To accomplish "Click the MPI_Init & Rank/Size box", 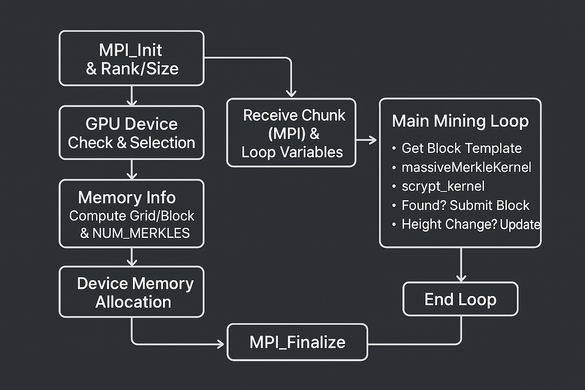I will (132, 59).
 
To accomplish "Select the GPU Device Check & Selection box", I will (132, 133).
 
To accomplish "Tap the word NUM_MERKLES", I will (141, 233).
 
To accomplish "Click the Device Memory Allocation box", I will (132, 292).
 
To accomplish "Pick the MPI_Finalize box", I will (297, 342).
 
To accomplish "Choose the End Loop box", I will (460, 299).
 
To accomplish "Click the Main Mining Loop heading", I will (460, 121).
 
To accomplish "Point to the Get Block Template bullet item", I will (461, 148).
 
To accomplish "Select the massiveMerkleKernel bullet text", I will (466, 168).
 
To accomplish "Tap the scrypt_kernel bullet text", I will (443, 186).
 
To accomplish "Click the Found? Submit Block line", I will (465, 206).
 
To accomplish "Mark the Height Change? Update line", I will (471, 224).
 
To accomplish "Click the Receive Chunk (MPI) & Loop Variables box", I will (291, 133).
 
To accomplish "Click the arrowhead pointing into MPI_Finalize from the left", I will (220, 344).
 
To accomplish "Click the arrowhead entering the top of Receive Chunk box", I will (291, 93).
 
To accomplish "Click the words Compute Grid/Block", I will (132, 216).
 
